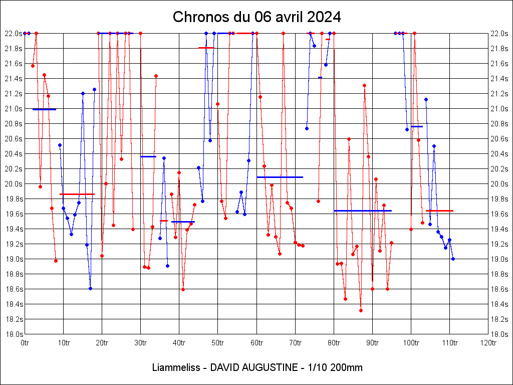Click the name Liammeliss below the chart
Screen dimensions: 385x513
point(175,367)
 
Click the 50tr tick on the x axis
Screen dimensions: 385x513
point(217,342)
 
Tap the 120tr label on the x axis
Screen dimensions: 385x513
point(488,342)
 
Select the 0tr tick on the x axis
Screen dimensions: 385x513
point(25,342)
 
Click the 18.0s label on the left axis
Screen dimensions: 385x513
point(14,334)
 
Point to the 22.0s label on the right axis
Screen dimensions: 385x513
point(499,34)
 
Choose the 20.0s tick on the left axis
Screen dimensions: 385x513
point(14,184)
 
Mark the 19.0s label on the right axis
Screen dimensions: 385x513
point(499,259)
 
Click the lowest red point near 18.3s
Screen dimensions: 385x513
point(361,310)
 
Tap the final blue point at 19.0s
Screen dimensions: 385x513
point(453,259)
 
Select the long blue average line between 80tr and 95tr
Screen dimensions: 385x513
point(363,211)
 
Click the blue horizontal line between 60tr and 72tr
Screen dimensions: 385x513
point(280,177)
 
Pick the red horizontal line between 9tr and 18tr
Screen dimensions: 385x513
point(77,194)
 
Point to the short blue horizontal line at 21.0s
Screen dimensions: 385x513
point(44,109)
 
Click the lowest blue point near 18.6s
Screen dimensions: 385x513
point(90,288)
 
